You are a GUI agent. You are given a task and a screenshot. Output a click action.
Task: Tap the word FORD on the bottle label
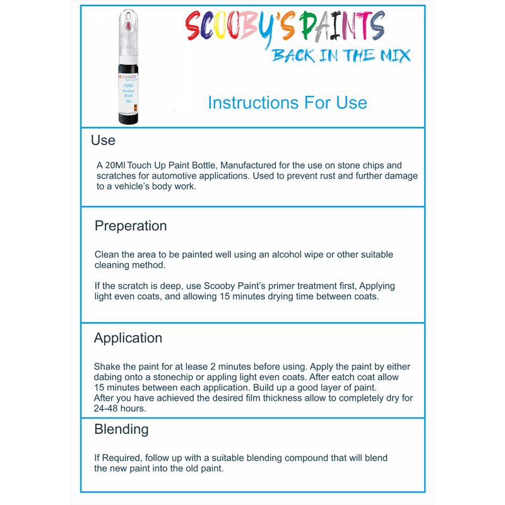point(129,83)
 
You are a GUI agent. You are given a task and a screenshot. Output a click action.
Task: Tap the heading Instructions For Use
point(287,102)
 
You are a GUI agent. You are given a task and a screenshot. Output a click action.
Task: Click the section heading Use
point(103,140)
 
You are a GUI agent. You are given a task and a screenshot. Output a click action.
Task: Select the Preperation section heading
point(131,226)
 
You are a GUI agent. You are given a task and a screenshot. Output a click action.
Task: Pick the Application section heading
point(128,338)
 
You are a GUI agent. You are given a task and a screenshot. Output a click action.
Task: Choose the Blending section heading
point(121,429)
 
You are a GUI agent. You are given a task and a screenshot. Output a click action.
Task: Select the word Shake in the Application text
point(107,367)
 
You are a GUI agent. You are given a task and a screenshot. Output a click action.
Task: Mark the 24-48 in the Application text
point(110,408)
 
